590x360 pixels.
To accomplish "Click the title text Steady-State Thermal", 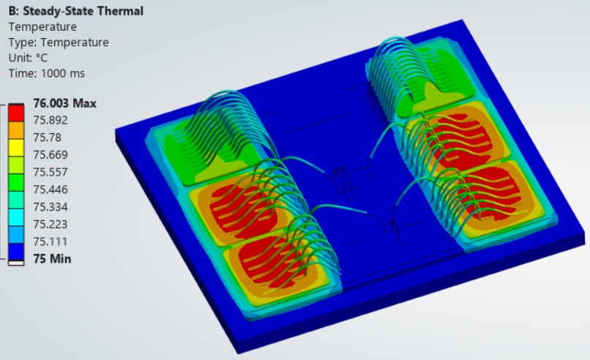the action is [83, 11].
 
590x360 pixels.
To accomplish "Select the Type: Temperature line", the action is [59, 42].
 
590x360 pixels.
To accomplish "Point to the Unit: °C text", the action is [29, 58].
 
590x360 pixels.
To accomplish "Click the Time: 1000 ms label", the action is [47, 73].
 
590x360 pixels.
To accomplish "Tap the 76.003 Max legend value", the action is [64, 103].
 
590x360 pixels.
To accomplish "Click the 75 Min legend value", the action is [52, 259].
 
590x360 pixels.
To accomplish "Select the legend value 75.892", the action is [51, 121].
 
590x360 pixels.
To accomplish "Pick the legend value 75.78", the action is [48, 138].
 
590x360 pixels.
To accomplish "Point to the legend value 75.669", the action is [51, 155].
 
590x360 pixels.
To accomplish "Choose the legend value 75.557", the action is [51, 172].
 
